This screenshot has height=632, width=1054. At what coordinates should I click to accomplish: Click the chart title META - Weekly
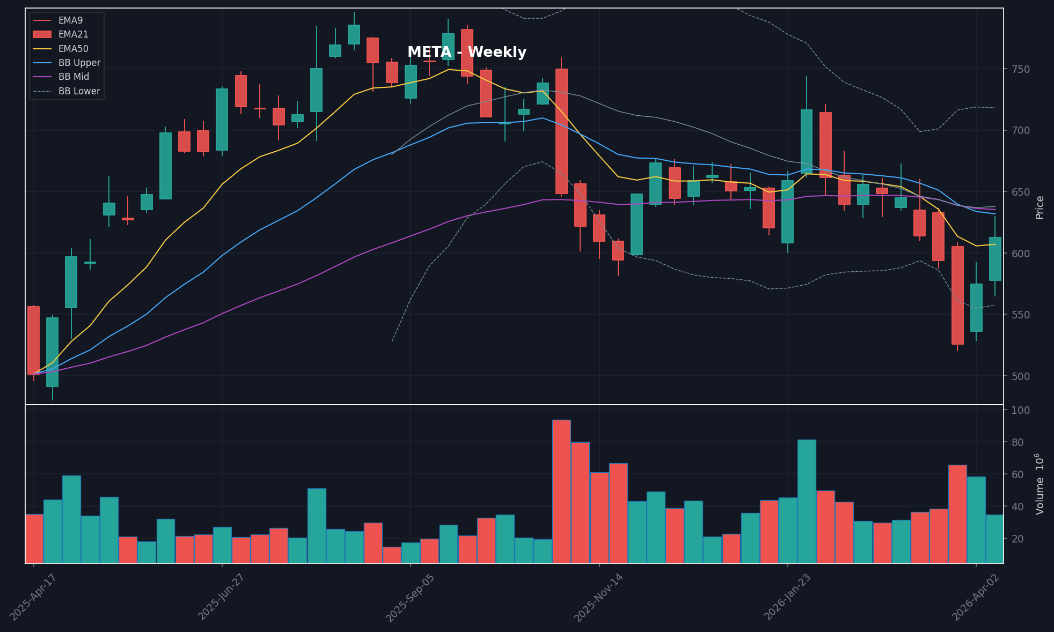coord(466,53)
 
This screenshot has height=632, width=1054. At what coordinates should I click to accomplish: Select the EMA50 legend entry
coord(74,49)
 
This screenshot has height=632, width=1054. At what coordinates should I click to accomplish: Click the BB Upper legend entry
coord(79,63)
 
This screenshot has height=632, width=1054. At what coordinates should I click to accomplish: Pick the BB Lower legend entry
coord(79,91)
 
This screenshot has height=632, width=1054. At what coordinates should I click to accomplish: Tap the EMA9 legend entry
coord(70,20)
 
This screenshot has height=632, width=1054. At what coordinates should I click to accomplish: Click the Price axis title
coord(1040,207)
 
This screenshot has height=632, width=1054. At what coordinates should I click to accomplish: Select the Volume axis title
coord(1040,484)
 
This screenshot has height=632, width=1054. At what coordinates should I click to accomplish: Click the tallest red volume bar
coord(561,491)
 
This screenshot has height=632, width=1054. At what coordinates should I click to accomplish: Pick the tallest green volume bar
coord(807,501)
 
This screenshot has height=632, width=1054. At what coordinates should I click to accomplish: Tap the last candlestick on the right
coord(995,258)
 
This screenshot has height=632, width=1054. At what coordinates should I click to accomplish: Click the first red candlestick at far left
coord(33,340)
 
